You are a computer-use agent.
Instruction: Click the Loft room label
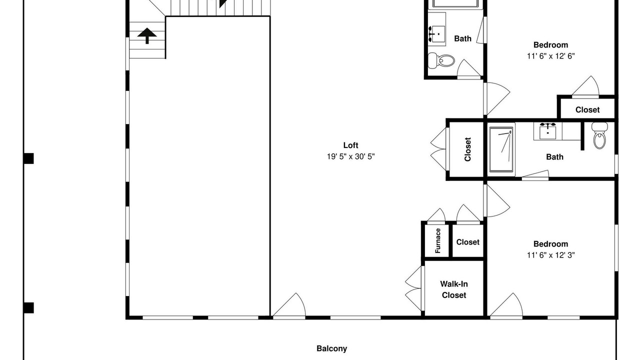point(350,145)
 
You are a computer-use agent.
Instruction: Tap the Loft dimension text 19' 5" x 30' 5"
point(350,156)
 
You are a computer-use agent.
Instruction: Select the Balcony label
point(331,348)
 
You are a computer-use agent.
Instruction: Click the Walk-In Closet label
point(453,289)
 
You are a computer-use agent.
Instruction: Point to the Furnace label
point(437,240)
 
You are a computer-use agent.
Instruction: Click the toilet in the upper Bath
point(441,60)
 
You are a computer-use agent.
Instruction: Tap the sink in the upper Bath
point(437,33)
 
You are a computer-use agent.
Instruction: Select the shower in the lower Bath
point(501,149)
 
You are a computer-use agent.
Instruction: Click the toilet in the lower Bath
point(599,135)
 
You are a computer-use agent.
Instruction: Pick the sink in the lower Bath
point(547,131)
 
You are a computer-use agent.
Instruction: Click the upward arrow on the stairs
point(147,35)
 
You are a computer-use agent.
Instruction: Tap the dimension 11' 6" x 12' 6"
point(550,56)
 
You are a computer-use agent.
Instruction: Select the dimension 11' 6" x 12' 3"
point(550,255)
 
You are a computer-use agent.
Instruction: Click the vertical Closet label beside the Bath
point(467,149)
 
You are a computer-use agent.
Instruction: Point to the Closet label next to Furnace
point(467,242)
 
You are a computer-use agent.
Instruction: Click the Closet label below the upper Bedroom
point(587,109)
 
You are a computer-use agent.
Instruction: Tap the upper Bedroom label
point(550,45)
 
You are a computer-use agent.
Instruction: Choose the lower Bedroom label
point(550,244)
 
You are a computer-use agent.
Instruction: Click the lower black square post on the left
point(28,308)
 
